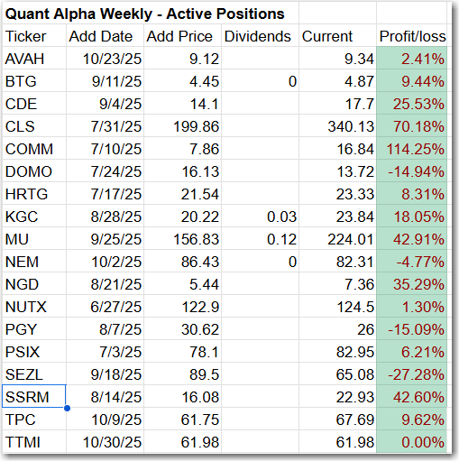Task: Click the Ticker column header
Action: (25, 36)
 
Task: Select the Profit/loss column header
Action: (412, 36)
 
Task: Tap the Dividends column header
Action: (258, 36)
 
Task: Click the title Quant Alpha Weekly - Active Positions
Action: (144, 14)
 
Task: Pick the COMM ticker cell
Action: (29, 149)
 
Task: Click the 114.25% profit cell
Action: (415, 149)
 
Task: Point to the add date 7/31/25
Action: (116, 126)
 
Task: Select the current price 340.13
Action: (351, 126)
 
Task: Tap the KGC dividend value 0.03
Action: (281, 217)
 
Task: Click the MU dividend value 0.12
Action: (281, 239)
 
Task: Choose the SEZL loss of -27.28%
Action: (416, 374)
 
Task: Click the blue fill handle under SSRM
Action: (67, 408)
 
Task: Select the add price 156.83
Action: (196, 239)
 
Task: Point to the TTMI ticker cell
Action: (23, 442)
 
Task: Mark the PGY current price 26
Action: (365, 329)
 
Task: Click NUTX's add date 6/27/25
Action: (116, 307)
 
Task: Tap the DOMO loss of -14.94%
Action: (416, 171)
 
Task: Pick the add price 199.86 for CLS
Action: (196, 126)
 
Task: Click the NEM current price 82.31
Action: (355, 262)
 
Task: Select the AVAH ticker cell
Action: (24, 59)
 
